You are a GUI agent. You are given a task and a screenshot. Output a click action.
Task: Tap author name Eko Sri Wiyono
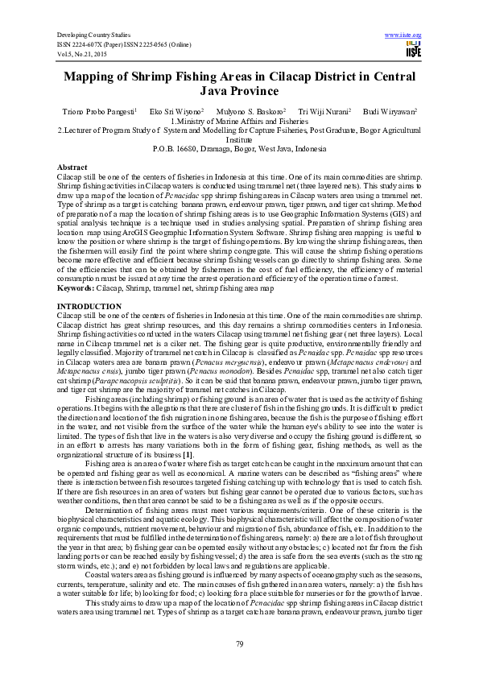coord(180,110)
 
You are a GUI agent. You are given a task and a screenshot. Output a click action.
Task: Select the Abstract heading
coord(72,165)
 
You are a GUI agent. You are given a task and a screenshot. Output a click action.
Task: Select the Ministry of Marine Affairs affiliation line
coord(239,121)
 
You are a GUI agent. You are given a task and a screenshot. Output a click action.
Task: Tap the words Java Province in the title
coord(239,93)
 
